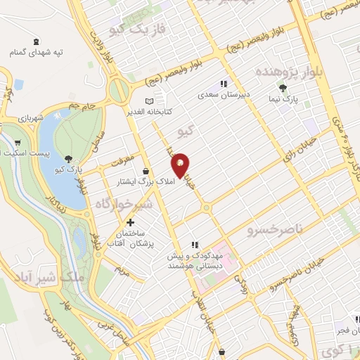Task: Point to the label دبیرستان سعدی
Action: [223, 94]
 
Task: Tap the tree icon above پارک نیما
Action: [282, 89]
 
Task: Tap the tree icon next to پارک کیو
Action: [68, 159]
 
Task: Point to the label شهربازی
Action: [31, 117]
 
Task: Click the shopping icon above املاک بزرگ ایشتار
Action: [146, 171]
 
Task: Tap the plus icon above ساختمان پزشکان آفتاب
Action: [130, 221]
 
